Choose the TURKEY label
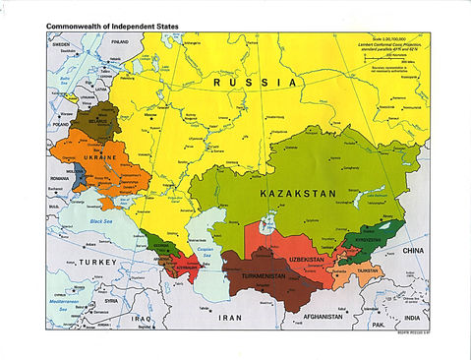point(99,263)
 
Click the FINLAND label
point(121,44)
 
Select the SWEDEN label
point(62,44)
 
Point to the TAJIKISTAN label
point(369,270)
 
